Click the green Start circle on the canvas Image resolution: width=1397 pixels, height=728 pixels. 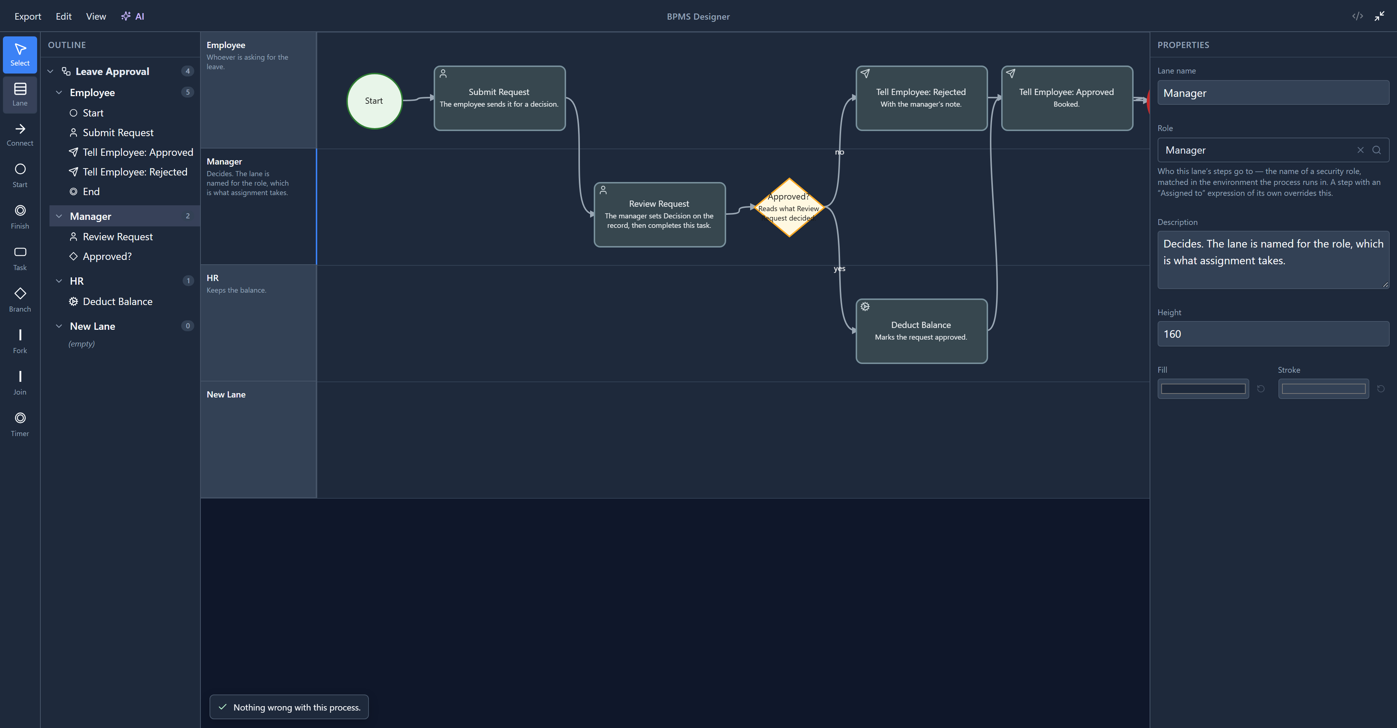(374, 101)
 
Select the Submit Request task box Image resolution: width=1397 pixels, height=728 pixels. (500, 98)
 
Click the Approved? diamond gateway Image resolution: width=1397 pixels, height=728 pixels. (789, 207)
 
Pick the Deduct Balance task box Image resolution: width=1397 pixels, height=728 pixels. (922, 331)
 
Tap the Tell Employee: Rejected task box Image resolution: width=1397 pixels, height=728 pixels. (922, 98)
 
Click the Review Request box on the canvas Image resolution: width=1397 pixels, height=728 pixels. (660, 215)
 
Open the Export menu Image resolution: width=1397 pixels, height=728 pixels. (28, 16)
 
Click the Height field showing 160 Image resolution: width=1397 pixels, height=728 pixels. (1273, 334)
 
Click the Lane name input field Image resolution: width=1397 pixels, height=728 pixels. (1273, 93)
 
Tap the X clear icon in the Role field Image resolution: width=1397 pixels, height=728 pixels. (1360, 150)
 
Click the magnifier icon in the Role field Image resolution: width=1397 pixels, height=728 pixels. (1376, 150)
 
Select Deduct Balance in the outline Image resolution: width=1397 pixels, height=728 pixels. (117, 302)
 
